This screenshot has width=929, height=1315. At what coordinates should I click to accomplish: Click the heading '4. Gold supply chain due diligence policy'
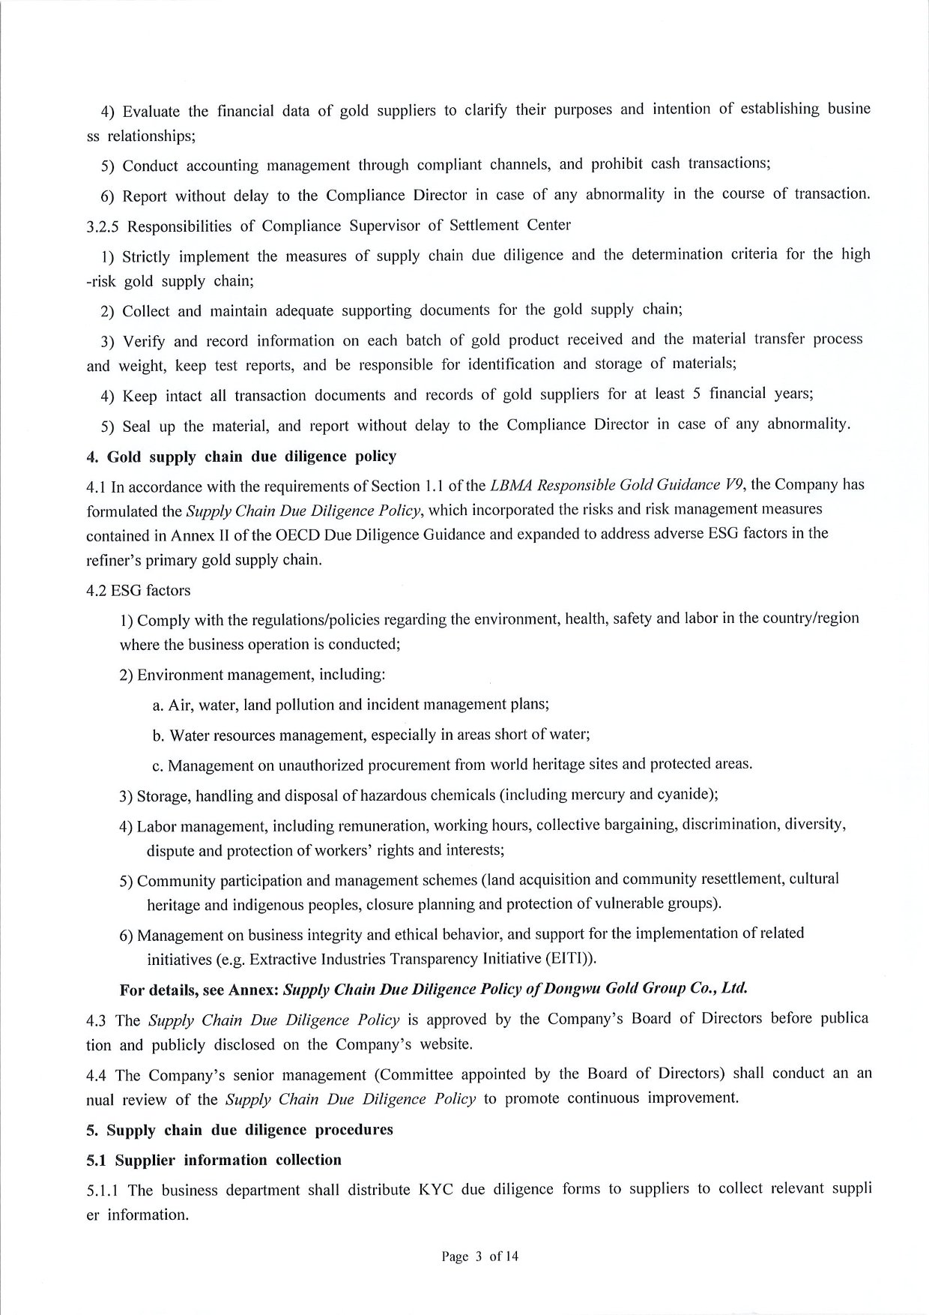click(241, 457)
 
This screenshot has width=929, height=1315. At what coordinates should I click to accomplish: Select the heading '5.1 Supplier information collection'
click(214, 1160)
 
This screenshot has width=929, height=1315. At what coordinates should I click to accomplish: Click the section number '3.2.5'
click(103, 226)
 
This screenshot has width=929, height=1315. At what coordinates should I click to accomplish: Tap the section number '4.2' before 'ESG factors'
click(97, 591)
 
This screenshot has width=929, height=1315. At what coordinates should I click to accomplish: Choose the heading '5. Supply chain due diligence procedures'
click(240, 1130)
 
